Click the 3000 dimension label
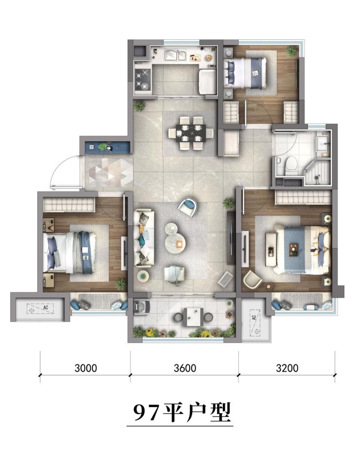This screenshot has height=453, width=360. pyautogui.click(x=86, y=368)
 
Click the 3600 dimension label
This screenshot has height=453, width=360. pyautogui.click(x=185, y=368)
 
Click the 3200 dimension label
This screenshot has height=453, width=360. pyautogui.click(x=287, y=368)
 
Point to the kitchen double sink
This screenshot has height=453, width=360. pyautogui.click(x=175, y=55)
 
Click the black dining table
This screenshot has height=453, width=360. pyautogui.click(x=191, y=133)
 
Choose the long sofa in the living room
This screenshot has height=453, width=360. pyautogui.click(x=144, y=238)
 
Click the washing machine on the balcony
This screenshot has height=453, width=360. pyautogui.click(x=142, y=307)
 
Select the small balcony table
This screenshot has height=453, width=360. pyautogui.click(x=194, y=316)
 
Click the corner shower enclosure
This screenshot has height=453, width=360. pyautogui.click(x=317, y=171)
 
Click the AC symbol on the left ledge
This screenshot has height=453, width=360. pyautogui.click(x=40, y=308)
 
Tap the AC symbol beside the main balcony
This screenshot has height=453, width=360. pyautogui.click(x=254, y=323)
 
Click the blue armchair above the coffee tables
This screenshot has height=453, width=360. pyautogui.click(x=187, y=206)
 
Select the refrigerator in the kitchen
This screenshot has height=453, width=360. pyautogui.click(x=207, y=81)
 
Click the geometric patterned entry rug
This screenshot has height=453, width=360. pyautogui.click(x=109, y=173)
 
